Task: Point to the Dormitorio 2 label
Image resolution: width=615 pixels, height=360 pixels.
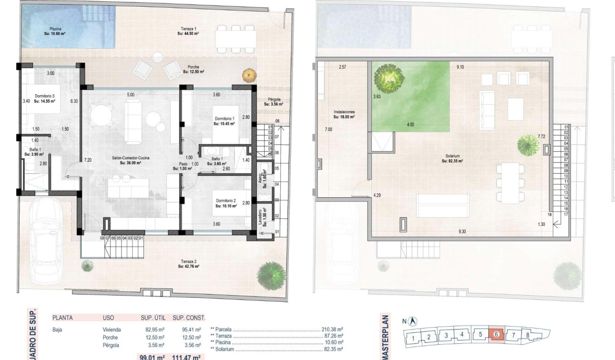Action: pyautogui.click(x=225, y=204)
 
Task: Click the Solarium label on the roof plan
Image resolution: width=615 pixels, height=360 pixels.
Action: pyautogui.click(x=453, y=158)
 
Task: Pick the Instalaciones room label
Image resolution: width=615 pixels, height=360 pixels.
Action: pyautogui.click(x=344, y=114)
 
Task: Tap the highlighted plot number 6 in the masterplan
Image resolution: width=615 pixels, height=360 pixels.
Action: pyautogui.click(x=496, y=335)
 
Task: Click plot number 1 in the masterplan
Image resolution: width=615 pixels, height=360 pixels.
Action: pyautogui.click(x=414, y=339)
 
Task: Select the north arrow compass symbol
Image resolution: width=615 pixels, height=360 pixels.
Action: pyautogui.click(x=413, y=321)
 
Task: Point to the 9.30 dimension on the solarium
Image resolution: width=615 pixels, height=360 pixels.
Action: pyautogui.click(x=462, y=232)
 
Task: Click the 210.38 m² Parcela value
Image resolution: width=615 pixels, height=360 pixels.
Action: pyautogui.click(x=333, y=329)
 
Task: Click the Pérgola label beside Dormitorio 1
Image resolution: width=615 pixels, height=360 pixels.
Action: pyautogui.click(x=274, y=102)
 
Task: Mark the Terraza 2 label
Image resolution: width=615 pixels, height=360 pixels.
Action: pyautogui.click(x=188, y=264)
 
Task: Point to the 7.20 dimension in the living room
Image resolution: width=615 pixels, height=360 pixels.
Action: pyautogui.click(x=88, y=160)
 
